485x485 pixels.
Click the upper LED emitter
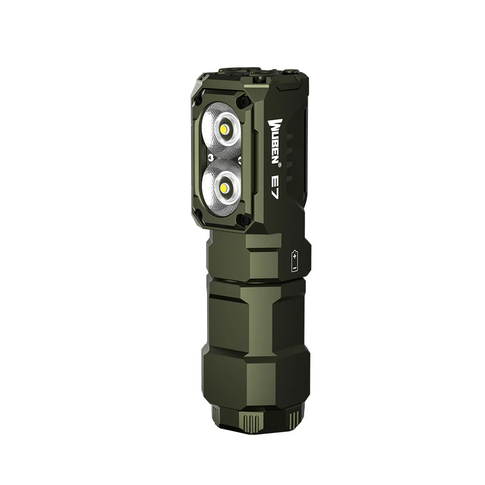tap(224, 129)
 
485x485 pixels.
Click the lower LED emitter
tap(224, 187)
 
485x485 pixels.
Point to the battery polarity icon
tap(295, 260)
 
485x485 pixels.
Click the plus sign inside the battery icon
tap(295, 255)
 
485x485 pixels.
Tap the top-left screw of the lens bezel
tap(198, 100)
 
